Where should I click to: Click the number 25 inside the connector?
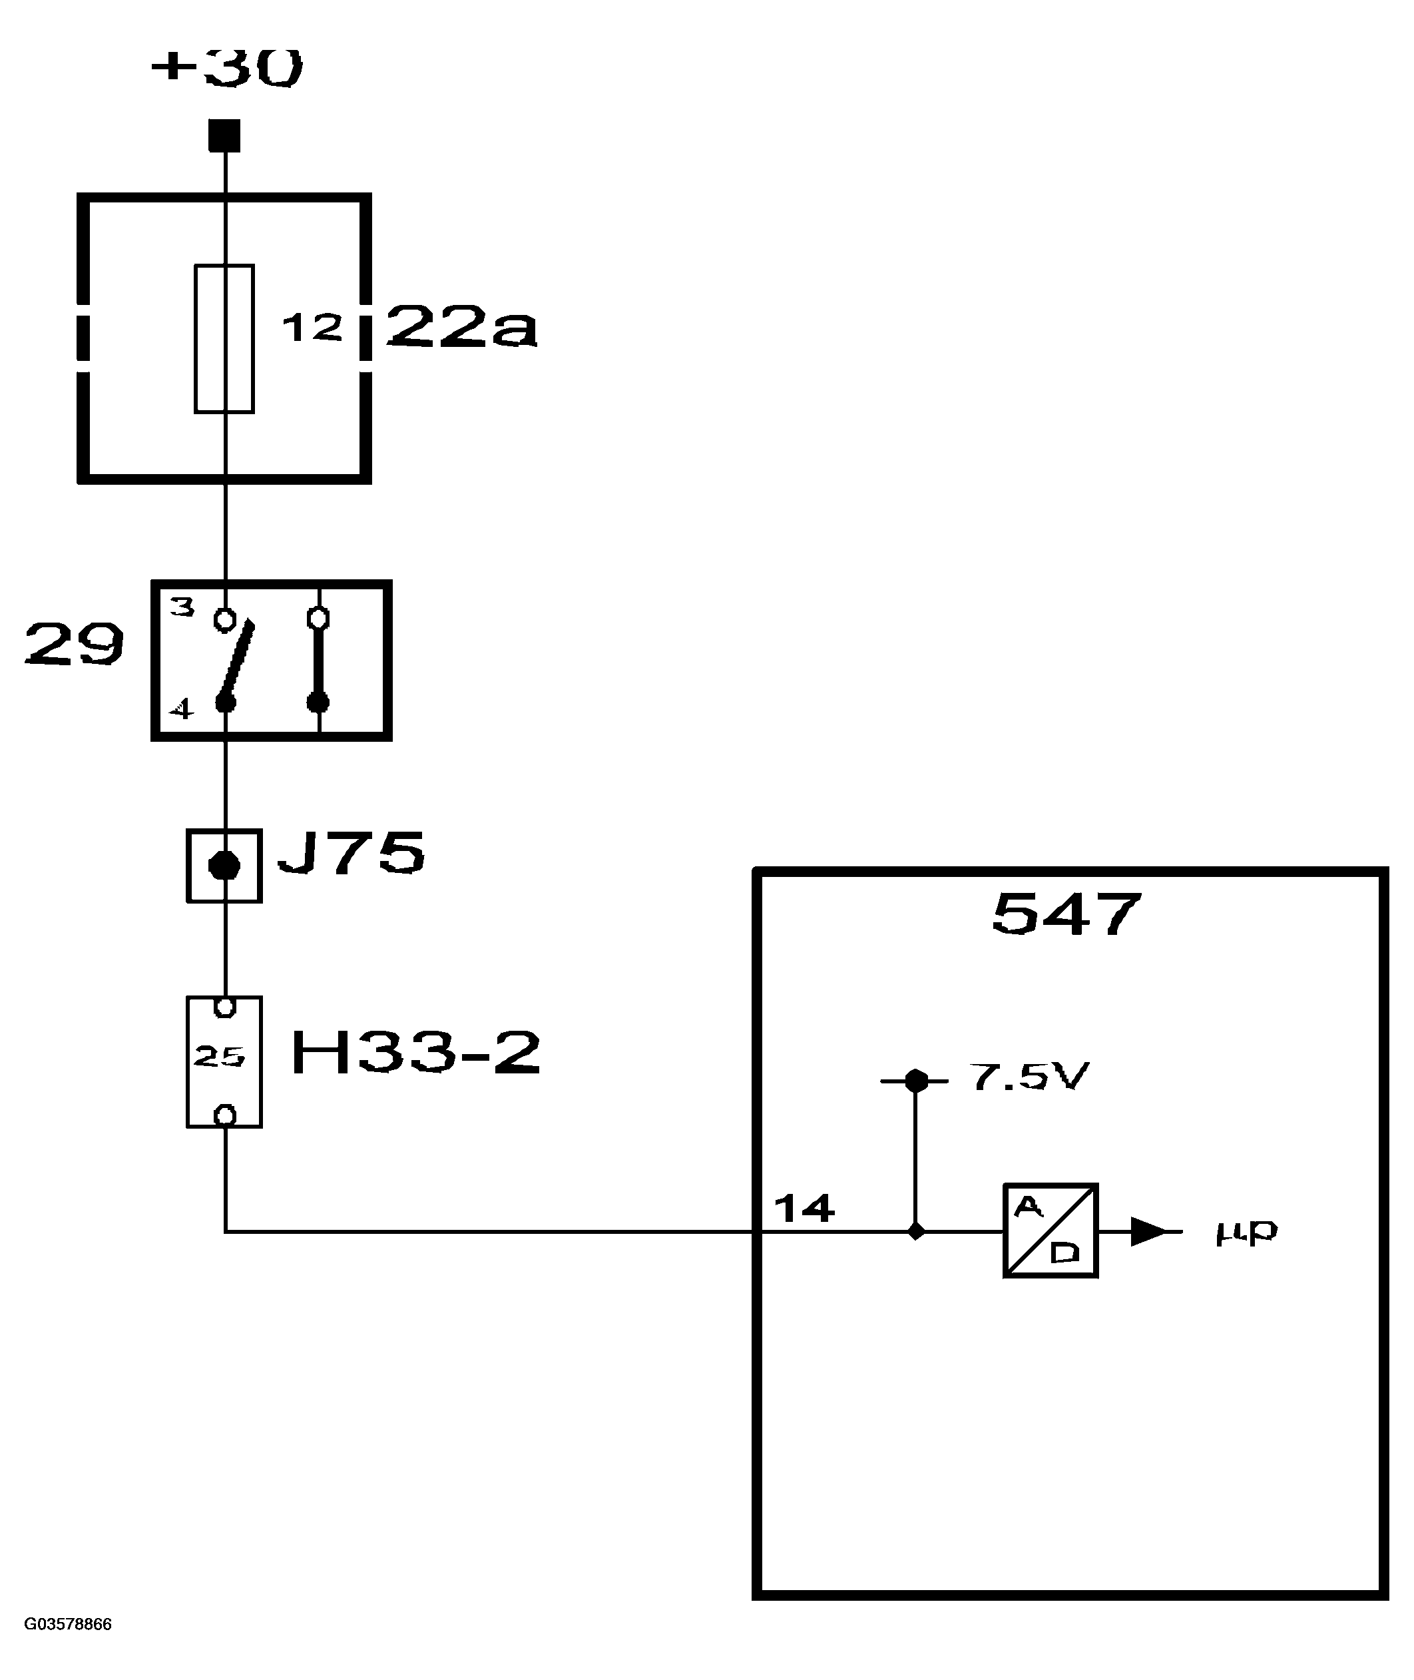click(x=219, y=1057)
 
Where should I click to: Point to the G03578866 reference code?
click(x=68, y=1625)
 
